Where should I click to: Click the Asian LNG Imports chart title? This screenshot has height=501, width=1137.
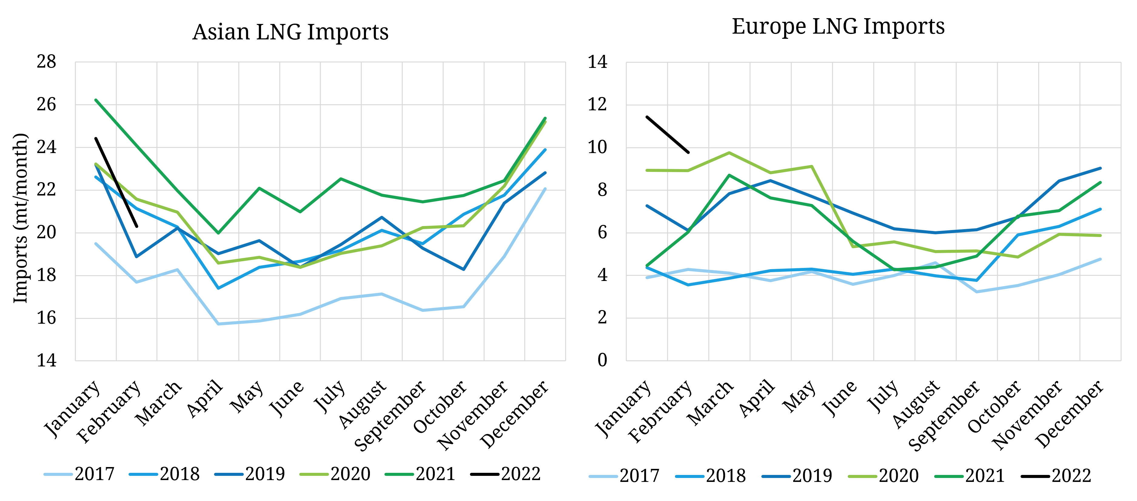[x=290, y=32]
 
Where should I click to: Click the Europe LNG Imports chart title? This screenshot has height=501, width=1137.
[x=838, y=26]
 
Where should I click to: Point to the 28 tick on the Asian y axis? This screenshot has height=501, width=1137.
[x=46, y=62]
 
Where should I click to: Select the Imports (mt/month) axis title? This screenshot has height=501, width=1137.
[x=20, y=218]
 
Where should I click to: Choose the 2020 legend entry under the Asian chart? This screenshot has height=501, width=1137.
[x=335, y=474]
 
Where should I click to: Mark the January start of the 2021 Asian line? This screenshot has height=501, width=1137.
[x=96, y=100]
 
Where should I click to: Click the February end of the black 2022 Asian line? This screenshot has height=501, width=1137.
[x=137, y=226]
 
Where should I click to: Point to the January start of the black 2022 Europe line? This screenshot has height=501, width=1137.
[x=647, y=117]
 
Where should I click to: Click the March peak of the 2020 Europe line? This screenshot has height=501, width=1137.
[x=729, y=152]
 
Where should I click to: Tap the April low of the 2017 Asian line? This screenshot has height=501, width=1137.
[x=219, y=324]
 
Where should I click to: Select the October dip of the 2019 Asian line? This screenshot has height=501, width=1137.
[x=464, y=269]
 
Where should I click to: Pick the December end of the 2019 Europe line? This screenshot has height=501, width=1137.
[x=1100, y=168]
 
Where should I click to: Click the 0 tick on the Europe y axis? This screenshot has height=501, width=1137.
[x=602, y=360]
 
